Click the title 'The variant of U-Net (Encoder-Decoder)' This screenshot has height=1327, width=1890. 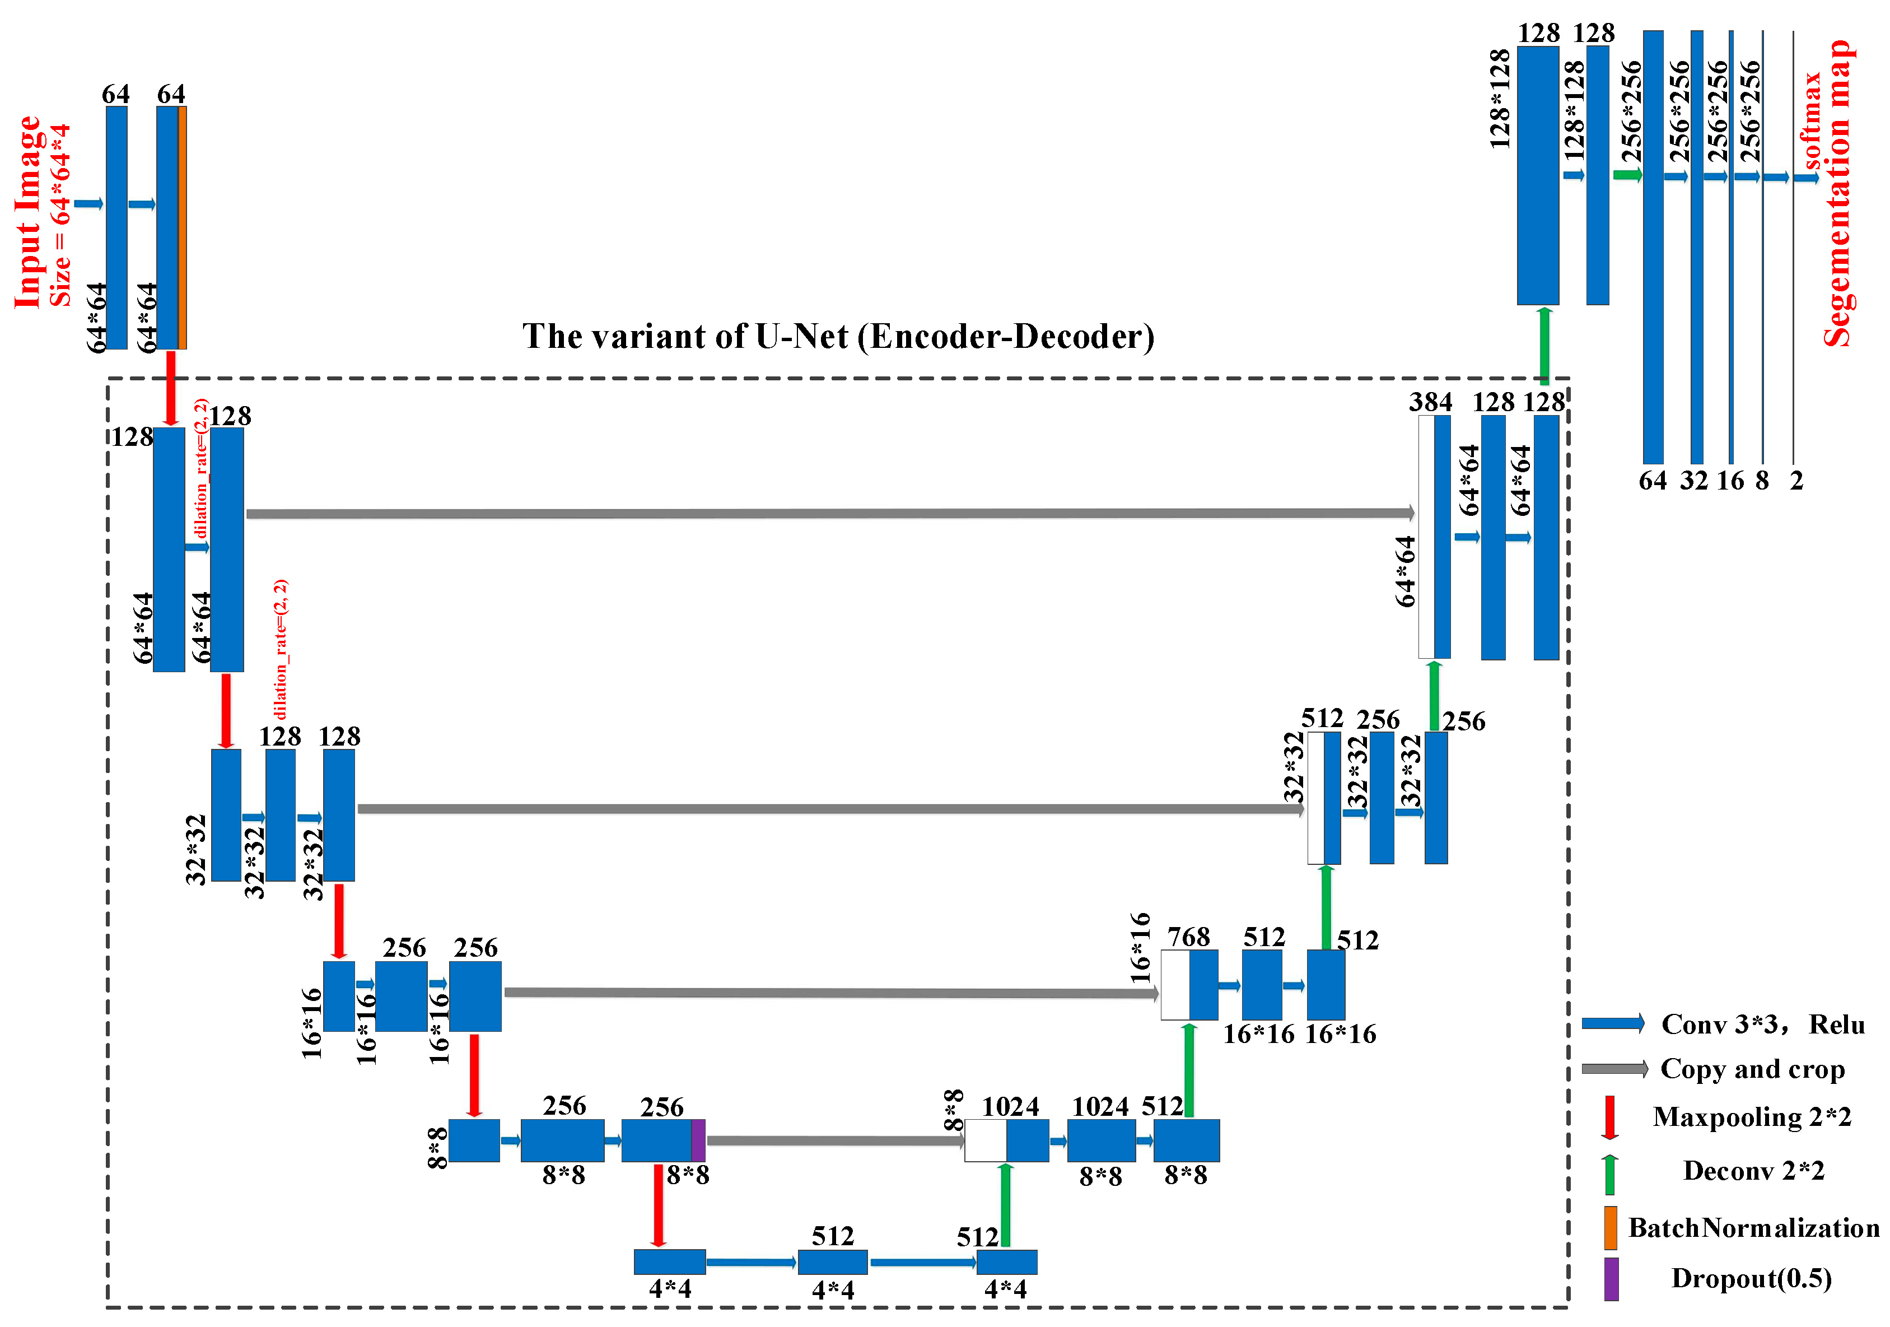(x=838, y=337)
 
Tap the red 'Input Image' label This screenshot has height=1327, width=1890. (x=27, y=212)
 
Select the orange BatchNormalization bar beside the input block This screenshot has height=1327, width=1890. (x=182, y=227)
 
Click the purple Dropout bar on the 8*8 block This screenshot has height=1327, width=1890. (x=698, y=1140)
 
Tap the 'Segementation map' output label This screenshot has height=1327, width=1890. (x=1837, y=193)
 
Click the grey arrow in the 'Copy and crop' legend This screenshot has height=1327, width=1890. (x=1614, y=1069)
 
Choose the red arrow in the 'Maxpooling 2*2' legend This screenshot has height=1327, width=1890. (x=1609, y=1117)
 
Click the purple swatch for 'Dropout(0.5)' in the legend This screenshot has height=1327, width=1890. (x=1611, y=1278)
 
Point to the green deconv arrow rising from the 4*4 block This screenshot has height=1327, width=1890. (x=1005, y=1205)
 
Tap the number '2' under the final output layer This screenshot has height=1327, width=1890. (x=1796, y=481)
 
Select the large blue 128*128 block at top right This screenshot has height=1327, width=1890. (x=1538, y=175)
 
